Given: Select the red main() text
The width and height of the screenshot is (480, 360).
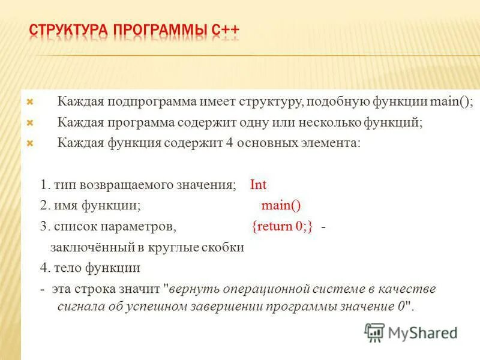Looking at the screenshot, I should (281, 205).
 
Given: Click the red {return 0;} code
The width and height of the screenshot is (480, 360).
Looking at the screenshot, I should (283, 226).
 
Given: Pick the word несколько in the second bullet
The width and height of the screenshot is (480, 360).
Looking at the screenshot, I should (331, 122).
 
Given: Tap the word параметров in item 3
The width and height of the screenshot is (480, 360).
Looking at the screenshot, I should (143, 226).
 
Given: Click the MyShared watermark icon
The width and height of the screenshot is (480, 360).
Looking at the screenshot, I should (374, 331).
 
